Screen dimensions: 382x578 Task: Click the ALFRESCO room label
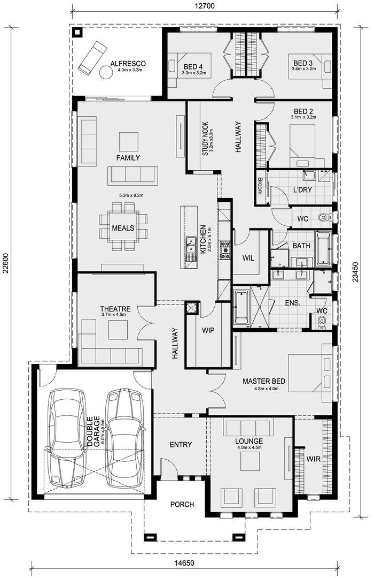pyautogui.click(x=128, y=63)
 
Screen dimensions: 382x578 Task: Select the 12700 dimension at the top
pyautogui.click(x=205, y=5)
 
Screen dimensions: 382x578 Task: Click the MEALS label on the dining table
pyautogui.click(x=123, y=228)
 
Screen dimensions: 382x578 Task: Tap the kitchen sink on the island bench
pyautogui.click(x=191, y=246)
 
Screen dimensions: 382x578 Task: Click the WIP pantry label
pyautogui.click(x=208, y=330)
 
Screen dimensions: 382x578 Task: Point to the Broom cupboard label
pyautogui.click(x=260, y=186)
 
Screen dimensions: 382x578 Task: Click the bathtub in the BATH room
pyautogui.click(x=323, y=248)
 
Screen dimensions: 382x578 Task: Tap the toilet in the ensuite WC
pyautogui.click(x=322, y=321)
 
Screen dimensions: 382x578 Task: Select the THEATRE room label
pyautogui.click(x=115, y=309)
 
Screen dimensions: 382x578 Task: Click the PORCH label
pyautogui.click(x=182, y=504)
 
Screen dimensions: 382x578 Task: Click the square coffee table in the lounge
pyautogui.click(x=251, y=461)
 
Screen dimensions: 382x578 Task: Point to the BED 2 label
pyautogui.click(x=303, y=111)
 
